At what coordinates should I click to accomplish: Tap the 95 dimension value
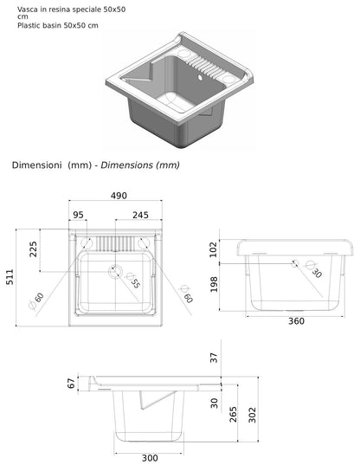[x=79, y=215]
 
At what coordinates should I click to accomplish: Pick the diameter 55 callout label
[x=134, y=282]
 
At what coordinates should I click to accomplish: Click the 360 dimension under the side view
[x=297, y=321]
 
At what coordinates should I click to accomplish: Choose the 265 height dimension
[x=233, y=414]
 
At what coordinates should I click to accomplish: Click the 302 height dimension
[x=252, y=414]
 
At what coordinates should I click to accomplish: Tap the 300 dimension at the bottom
[x=148, y=458]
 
